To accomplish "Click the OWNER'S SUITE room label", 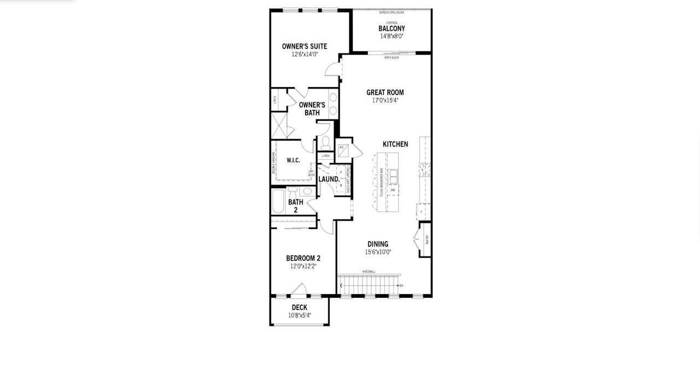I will pyautogui.click(x=304, y=46).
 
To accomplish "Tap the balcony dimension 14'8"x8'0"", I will pyautogui.click(x=392, y=36).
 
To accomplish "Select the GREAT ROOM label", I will pyautogui.click(x=385, y=92).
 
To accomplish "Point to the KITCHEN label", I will pyautogui.click(x=395, y=144).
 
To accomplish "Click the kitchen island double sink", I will pyautogui.click(x=393, y=177).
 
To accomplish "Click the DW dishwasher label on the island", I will pyautogui.click(x=393, y=190).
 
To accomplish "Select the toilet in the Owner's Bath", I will pyautogui.click(x=325, y=143).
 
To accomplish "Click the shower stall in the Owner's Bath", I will pyautogui.click(x=279, y=125).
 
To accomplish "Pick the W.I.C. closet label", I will pyautogui.click(x=293, y=160).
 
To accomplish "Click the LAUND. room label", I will pyautogui.click(x=329, y=179).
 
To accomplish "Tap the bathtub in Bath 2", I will pyautogui.click(x=278, y=202).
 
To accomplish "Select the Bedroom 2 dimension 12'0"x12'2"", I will pyautogui.click(x=303, y=266).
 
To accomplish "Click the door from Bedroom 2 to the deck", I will pyautogui.click(x=298, y=290).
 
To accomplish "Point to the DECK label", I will pyautogui.click(x=299, y=307).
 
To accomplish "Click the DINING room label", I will pyautogui.click(x=378, y=244).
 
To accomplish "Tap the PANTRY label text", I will pyautogui.click(x=427, y=239).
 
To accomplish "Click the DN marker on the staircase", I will pyautogui.click(x=401, y=285).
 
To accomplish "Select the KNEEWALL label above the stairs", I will pyautogui.click(x=369, y=272).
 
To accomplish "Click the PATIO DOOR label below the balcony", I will pyautogui.click(x=391, y=57).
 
